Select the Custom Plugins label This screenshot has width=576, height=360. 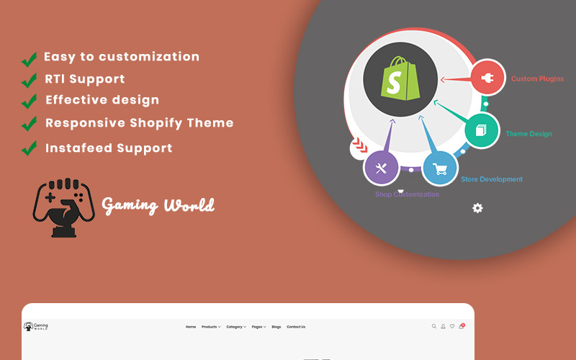537,79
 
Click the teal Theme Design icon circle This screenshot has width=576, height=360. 482,131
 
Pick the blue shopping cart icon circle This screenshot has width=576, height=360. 439,169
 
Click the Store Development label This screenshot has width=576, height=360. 492,179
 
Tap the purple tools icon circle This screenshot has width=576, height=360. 382,168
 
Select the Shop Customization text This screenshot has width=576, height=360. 407,194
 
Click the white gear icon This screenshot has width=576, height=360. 477,208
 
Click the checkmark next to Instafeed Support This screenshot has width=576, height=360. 29,149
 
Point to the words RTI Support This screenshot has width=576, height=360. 85,79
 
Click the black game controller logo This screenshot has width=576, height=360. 60,207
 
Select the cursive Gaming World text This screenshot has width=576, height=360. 158,206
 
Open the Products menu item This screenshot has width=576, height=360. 210,327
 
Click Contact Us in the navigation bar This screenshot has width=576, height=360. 296,327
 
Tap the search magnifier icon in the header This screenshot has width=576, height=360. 433,326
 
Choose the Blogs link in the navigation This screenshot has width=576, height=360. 276,327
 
